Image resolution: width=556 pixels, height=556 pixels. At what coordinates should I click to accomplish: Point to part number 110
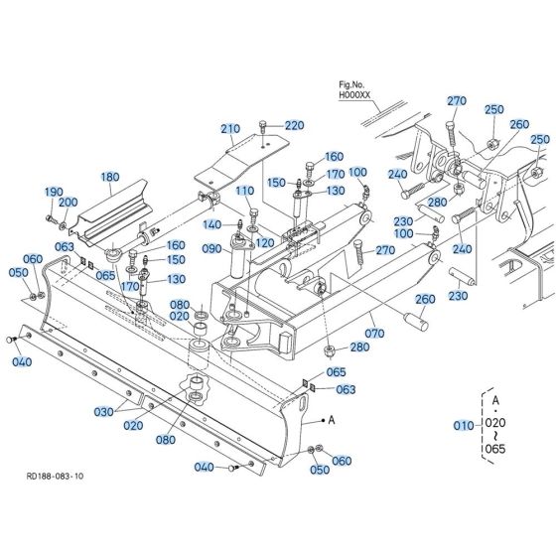(x=245, y=190)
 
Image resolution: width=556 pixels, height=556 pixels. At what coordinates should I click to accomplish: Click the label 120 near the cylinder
(x=265, y=242)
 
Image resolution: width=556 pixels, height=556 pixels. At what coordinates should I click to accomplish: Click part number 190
(x=53, y=191)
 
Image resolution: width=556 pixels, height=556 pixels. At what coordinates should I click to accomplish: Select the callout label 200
(x=68, y=203)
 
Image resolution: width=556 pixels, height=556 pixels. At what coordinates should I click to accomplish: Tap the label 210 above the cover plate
(x=230, y=129)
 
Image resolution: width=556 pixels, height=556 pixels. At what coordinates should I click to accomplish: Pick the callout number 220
(x=295, y=125)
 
